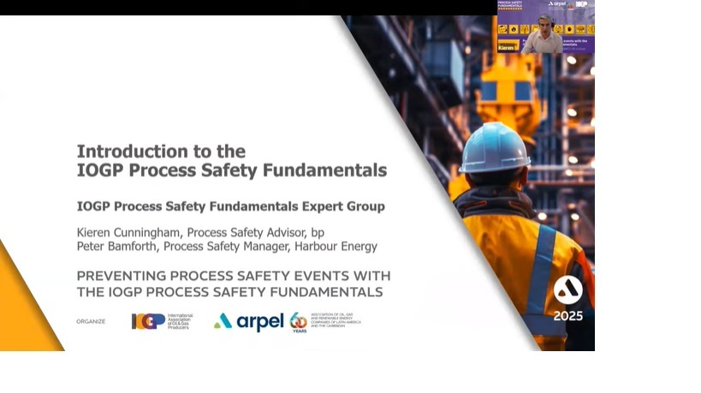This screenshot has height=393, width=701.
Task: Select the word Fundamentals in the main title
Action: click(x=330, y=170)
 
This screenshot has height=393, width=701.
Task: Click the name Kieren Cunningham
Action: click(x=128, y=232)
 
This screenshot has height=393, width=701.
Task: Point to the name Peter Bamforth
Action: click(x=116, y=247)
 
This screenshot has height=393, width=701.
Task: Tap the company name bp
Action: click(x=317, y=232)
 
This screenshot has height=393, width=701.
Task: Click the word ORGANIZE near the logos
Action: click(x=91, y=321)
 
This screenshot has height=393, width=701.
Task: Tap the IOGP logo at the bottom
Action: click(x=148, y=321)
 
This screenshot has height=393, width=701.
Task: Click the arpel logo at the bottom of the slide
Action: click(x=249, y=321)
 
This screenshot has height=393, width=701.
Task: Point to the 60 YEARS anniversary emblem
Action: click(x=298, y=321)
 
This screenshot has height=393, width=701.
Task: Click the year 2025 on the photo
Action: click(x=567, y=316)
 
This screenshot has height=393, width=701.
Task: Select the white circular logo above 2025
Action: click(x=567, y=290)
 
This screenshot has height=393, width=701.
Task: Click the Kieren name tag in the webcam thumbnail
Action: click(x=508, y=48)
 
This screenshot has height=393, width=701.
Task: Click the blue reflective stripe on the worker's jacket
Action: click(x=541, y=273)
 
